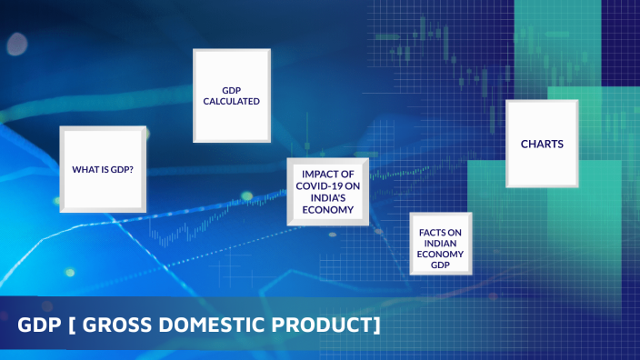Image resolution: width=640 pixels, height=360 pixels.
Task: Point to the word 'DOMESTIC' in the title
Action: [x=217, y=325]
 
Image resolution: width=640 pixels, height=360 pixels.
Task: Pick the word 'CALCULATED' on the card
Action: [x=232, y=102]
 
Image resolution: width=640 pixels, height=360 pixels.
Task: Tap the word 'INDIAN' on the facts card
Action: [x=441, y=244]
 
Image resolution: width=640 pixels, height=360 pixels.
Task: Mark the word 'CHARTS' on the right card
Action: [x=542, y=144]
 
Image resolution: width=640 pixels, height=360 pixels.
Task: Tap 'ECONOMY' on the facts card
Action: [x=441, y=255]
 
